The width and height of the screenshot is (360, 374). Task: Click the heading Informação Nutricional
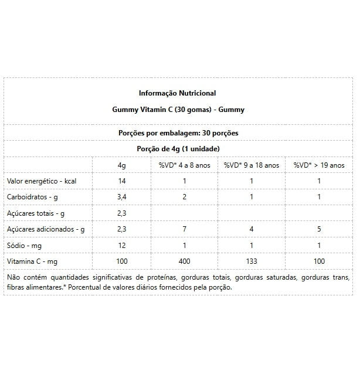pyautogui.click(x=177, y=93)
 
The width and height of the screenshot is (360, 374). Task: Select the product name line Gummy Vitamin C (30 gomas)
pyautogui.click(x=178, y=109)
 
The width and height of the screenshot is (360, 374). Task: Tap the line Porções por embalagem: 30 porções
pyautogui.click(x=178, y=133)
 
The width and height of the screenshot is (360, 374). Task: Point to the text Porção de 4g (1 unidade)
pyautogui.click(x=178, y=149)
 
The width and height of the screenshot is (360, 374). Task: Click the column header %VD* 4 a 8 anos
pyautogui.click(x=184, y=165)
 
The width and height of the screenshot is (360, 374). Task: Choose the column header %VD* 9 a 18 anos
pyautogui.click(x=252, y=165)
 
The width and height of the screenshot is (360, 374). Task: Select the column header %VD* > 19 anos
pyautogui.click(x=319, y=165)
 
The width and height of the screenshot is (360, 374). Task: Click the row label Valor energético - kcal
pyautogui.click(x=41, y=181)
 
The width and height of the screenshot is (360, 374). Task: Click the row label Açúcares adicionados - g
pyautogui.click(x=45, y=229)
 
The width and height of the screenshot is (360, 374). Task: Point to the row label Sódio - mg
pyautogui.click(x=25, y=245)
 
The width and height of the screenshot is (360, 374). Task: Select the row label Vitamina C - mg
pyautogui.click(x=32, y=261)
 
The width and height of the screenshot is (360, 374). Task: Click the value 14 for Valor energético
pyautogui.click(x=121, y=181)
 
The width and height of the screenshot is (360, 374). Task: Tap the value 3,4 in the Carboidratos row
pyautogui.click(x=121, y=197)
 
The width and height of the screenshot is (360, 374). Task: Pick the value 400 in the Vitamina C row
pyautogui.click(x=184, y=261)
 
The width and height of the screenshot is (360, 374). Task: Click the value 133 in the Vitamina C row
pyautogui.click(x=252, y=261)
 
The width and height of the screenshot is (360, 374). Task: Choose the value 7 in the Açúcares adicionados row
pyautogui.click(x=184, y=229)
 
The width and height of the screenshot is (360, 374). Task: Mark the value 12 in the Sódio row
pyautogui.click(x=121, y=245)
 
